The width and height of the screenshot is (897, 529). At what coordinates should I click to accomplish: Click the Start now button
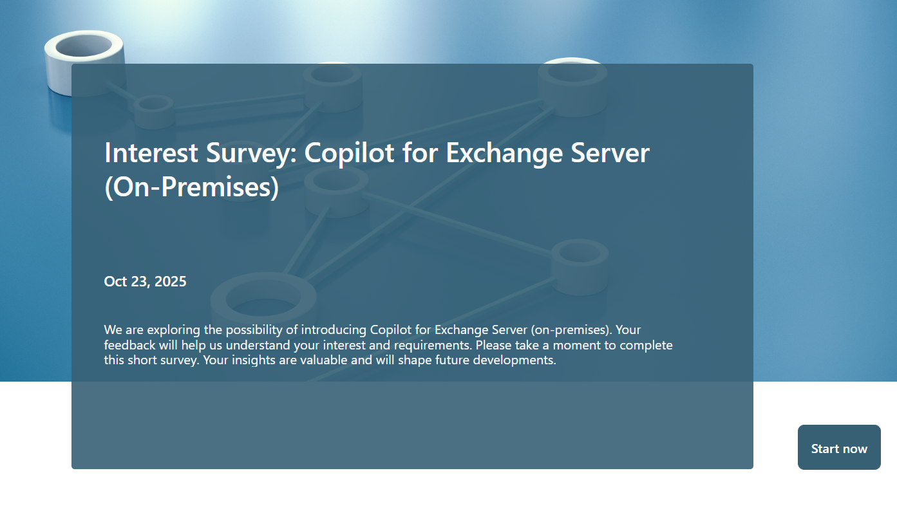839,447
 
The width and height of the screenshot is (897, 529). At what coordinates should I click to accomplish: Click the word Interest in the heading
151,153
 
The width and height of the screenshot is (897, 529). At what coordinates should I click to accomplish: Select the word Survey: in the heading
251,154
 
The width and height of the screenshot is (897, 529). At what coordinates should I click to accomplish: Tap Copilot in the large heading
349,154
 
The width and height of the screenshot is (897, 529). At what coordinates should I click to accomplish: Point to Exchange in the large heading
504,154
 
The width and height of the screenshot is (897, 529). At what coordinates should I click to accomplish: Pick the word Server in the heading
610,153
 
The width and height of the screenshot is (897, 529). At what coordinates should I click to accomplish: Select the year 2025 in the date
170,281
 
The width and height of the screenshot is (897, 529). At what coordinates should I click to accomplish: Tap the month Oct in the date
115,281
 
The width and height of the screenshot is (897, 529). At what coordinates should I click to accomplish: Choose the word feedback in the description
129,345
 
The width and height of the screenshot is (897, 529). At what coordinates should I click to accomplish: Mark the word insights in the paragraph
254,360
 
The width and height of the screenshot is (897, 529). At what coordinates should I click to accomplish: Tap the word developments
515,360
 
